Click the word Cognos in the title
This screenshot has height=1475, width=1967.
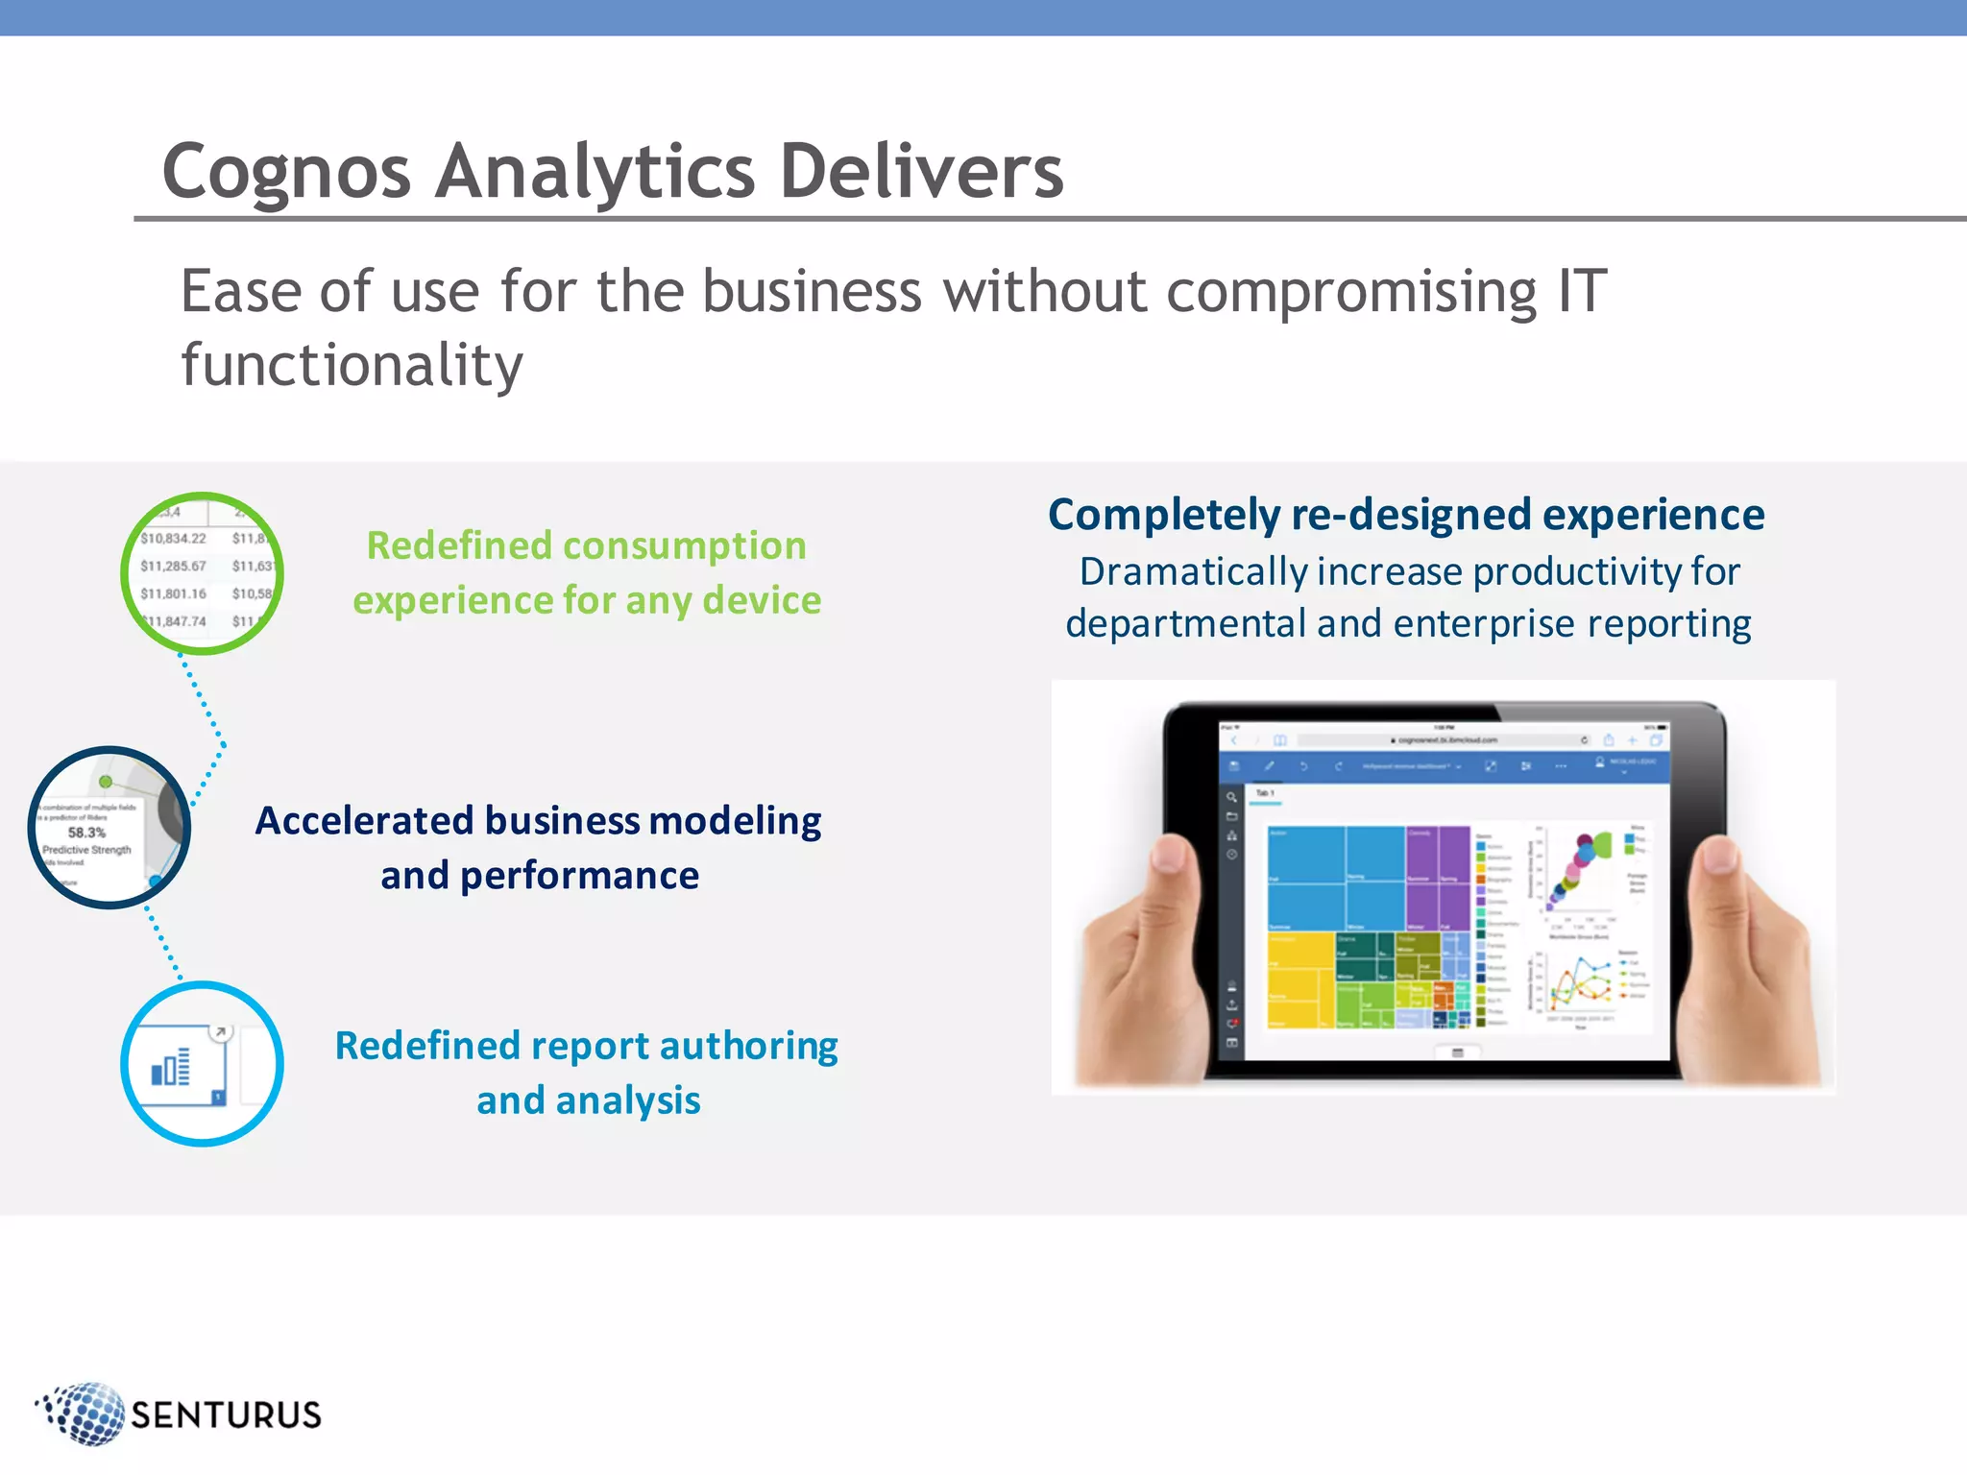(286, 173)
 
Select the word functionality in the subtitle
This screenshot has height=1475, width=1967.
(352, 365)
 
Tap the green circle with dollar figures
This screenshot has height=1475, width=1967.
(202, 574)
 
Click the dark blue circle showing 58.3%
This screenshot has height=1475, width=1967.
(109, 827)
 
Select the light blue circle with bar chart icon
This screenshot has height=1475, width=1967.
(202, 1064)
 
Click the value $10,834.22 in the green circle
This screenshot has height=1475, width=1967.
(174, 539)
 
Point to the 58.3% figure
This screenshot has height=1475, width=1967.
(86, 833)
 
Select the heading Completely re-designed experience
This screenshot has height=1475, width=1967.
(1406, 515)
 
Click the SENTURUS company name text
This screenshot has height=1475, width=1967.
(227, 1415)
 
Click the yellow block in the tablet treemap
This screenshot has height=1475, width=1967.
(1299, 979)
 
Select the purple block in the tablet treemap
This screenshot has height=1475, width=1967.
(1437, 874)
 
